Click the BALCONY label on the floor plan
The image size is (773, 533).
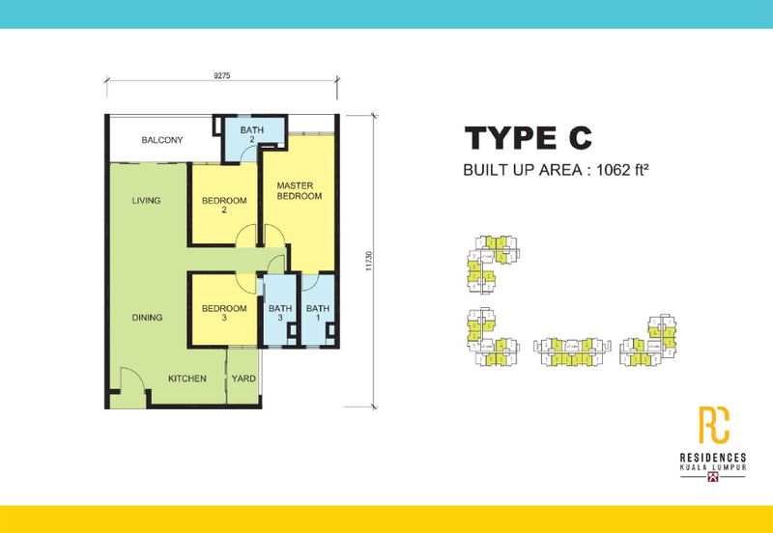(161, 141)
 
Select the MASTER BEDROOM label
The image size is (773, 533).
(299, 190)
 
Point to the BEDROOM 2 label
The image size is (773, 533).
(224, 206)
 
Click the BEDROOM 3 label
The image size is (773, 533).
(224, 314)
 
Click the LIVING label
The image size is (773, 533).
(147, 201)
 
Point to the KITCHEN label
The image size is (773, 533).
(187, 379)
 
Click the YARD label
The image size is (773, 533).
(243, 379)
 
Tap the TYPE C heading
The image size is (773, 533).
(527, 139)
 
